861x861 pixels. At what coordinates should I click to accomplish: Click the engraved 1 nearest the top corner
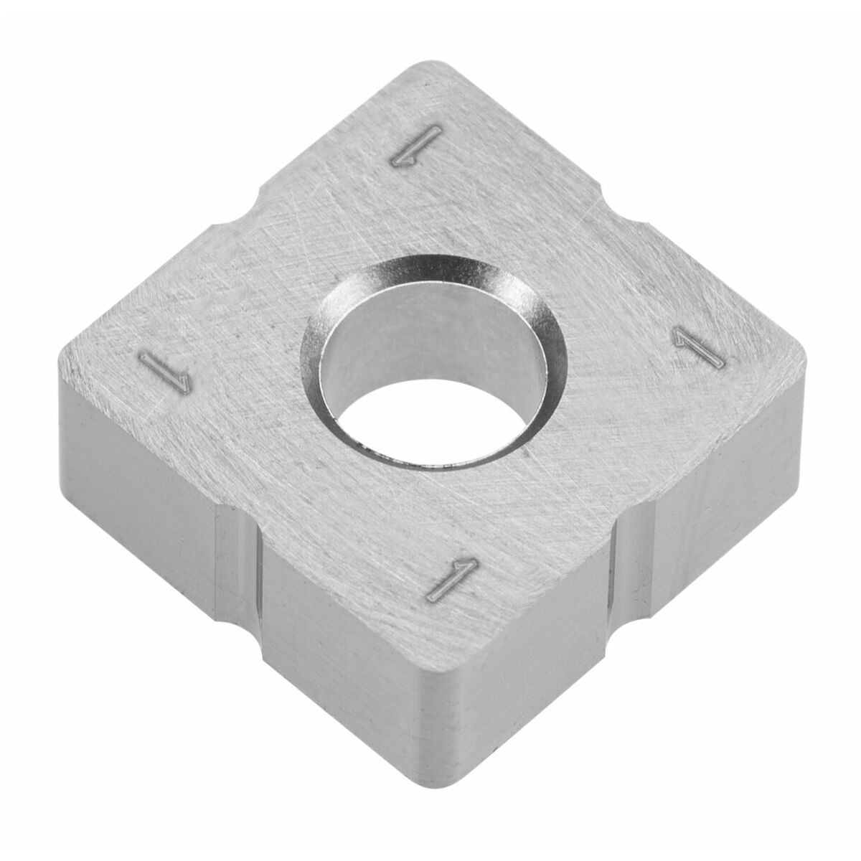[416, 146]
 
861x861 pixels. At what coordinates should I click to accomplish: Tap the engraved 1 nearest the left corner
[165, 371]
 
